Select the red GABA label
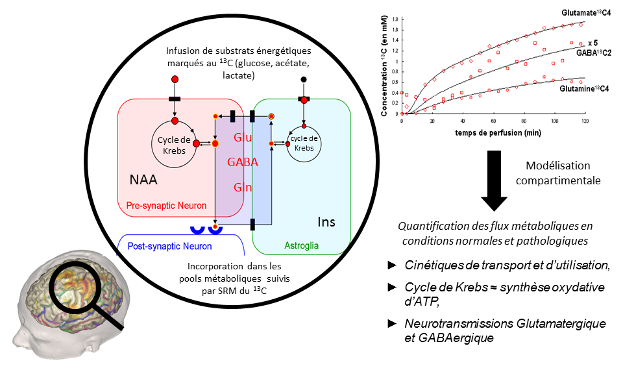click(243, 162)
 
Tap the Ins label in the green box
click(327, 222)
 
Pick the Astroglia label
click(302, 246)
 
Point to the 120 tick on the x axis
click(585, 121)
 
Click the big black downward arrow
click(493, 183)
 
